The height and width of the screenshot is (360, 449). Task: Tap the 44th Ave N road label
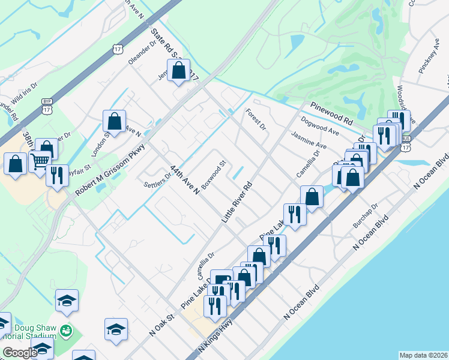[184, 180]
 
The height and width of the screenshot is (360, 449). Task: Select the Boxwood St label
[213, 175]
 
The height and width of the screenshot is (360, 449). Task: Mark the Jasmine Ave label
[309, 142]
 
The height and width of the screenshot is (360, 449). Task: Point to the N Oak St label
[161, 325]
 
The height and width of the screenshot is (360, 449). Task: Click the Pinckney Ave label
[430, 57]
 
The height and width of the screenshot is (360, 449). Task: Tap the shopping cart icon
[40, 161]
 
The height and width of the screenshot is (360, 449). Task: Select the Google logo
[19, 353]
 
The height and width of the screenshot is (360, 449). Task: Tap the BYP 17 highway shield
[47, 106]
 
